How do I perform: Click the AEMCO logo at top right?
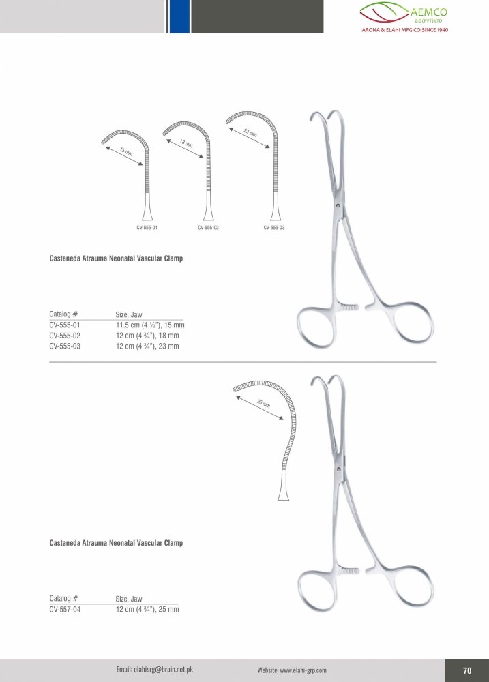404,17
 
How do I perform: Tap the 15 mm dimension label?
126,152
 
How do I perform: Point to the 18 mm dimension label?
186,143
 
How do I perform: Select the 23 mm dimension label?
250,133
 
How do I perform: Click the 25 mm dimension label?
264,404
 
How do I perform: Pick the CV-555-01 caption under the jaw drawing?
147,228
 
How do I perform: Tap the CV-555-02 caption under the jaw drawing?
209,228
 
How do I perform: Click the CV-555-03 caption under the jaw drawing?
274,228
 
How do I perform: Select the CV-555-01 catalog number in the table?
65,325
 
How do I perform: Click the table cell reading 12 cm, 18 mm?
147,336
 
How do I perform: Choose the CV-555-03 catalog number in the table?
65,346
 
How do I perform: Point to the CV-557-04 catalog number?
65,610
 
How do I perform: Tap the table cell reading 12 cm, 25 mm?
147,610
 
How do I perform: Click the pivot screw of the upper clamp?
338,205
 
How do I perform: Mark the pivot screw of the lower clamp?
338,469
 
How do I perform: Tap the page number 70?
467,670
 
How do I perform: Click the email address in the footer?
154,670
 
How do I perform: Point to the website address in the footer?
292,670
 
